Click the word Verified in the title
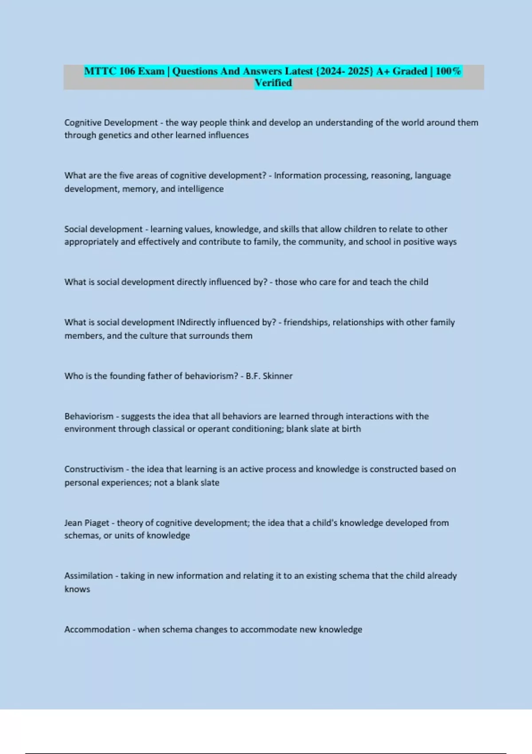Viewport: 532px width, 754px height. pos(273,83)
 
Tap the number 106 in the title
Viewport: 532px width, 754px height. pos(126,71)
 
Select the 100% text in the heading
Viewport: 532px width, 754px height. pos(448,71)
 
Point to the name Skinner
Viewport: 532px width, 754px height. pos(278,376)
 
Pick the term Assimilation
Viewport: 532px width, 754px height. pos(89,576)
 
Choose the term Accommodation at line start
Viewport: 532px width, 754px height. pos(97,629)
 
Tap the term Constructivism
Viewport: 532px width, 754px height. pos(94,469)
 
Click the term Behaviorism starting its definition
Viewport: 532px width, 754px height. pos(89,416)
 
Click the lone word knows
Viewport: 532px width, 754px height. pos(77,589)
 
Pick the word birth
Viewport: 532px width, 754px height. pos(351,429)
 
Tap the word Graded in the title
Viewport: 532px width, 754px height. pos(410,71)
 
